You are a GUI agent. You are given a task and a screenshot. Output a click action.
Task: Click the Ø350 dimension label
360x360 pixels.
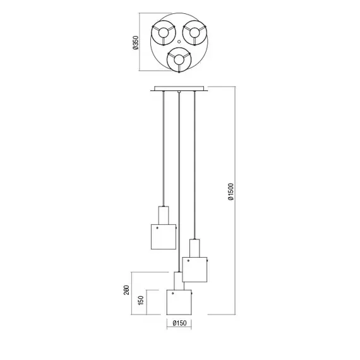136,42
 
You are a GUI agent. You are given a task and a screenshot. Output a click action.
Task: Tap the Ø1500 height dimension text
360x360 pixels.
231,192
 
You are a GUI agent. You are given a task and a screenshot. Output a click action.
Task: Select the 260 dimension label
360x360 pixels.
126,290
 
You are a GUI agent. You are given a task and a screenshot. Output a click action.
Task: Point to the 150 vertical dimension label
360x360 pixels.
141,300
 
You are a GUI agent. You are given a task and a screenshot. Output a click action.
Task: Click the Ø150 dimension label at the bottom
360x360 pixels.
179,323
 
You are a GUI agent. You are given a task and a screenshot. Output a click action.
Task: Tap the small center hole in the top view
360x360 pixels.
179,42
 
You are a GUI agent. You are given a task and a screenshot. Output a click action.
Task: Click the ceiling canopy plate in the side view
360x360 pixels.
179,88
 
